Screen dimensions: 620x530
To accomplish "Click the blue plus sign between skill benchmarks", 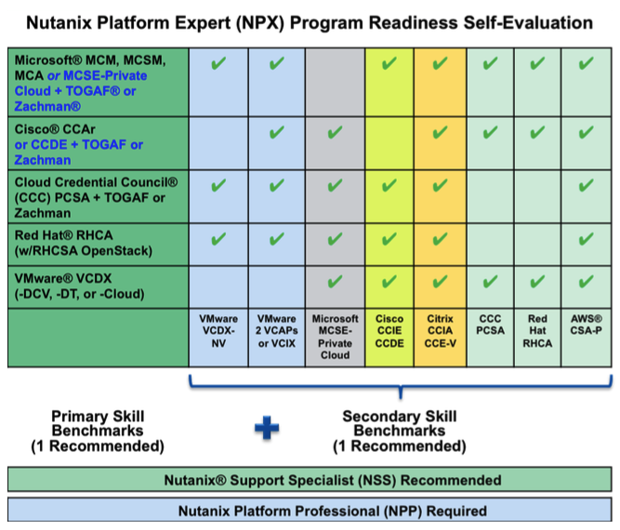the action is (267, 428).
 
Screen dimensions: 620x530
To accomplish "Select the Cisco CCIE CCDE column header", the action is (389, 331).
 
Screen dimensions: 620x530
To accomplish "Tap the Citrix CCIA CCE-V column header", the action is (440, 331).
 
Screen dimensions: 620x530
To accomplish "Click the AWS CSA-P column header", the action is (586, 325).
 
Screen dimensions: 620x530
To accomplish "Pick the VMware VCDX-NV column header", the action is (218, 331).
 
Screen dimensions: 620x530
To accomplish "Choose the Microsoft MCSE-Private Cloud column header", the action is (335, 337).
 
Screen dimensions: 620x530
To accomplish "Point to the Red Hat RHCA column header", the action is (537, 331).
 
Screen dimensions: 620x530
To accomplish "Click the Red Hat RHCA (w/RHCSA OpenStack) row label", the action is (84, 243).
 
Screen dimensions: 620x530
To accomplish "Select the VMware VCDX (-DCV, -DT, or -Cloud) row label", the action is (80, 286).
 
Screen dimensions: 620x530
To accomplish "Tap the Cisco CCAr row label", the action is (79, 144).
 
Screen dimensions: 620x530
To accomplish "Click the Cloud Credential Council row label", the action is (96, 197).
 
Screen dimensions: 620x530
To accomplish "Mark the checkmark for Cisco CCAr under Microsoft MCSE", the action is (335, 132).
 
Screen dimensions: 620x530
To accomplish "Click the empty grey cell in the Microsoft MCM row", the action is (335, 82).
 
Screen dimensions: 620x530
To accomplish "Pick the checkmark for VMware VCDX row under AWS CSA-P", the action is (586, 282).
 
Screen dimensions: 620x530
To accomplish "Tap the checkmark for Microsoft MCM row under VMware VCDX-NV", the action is (218, 63).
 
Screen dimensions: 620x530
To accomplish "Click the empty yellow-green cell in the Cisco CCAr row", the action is (389, 143).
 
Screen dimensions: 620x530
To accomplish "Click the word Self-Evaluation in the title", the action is (528, 22).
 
